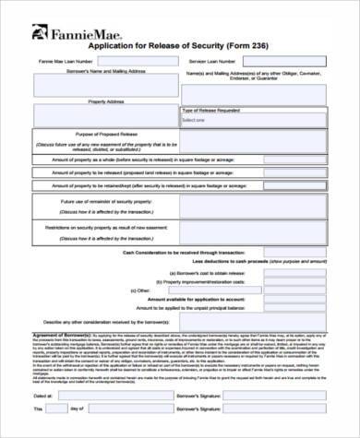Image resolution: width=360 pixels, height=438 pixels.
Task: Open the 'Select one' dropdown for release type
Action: point(253,120)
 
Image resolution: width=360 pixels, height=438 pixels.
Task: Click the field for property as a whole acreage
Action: point(294,159)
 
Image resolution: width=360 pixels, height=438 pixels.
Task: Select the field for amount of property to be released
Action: point(294,172)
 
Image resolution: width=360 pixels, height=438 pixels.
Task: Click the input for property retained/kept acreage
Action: point(294,186)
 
